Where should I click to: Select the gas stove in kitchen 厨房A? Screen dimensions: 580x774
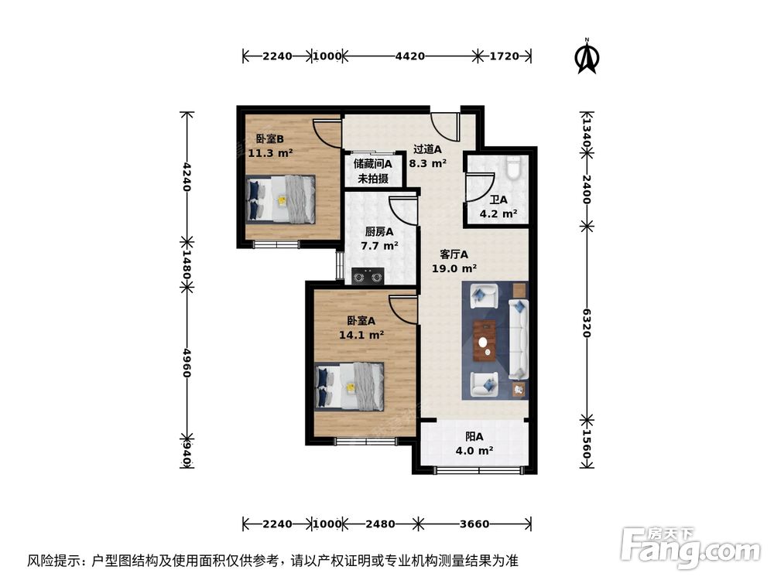coord(367,275)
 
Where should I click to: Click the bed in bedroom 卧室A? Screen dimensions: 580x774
coord(350,387)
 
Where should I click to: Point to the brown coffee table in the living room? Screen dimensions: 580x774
coord(485,340)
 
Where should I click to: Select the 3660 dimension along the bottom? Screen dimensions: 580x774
coord(473,524)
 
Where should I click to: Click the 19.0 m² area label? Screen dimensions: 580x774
coord(454,268)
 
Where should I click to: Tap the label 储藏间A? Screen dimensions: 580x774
coord(373,164)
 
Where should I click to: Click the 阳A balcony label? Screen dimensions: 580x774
coord(474,436)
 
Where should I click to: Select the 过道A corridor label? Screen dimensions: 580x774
coord(427,149)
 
